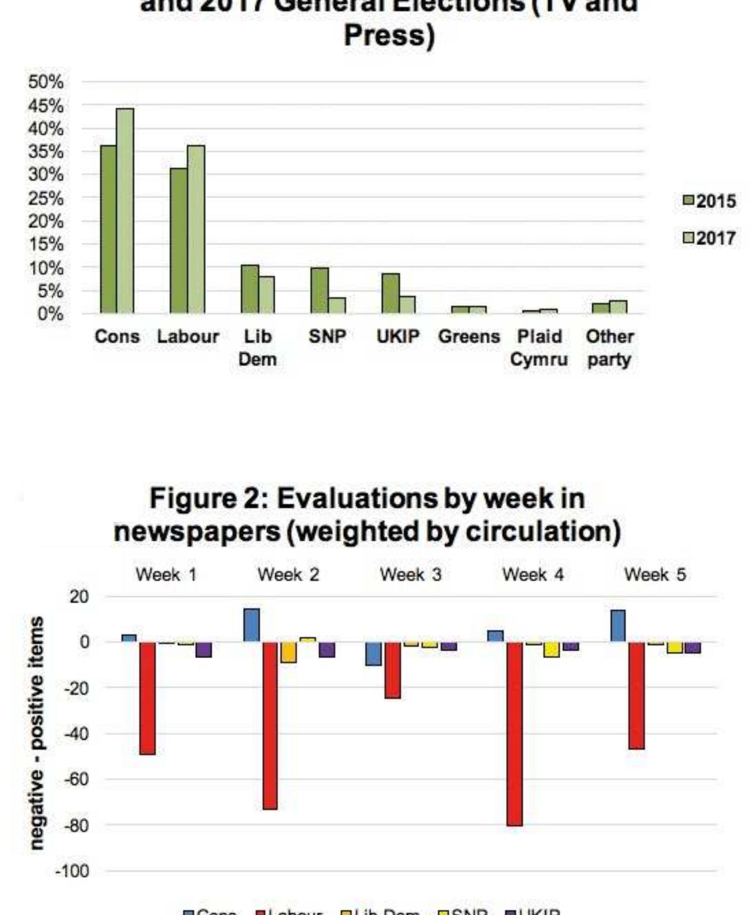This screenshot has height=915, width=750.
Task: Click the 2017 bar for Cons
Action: pyautogui.click(x=125, y=210)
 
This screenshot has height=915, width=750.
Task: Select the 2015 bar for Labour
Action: pyautogui.click(x=179, y=240)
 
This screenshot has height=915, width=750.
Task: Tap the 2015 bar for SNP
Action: pyautogui.click(x=320, y=290)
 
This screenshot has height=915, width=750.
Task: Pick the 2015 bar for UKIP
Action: pyautogui.click(x=390, y=293)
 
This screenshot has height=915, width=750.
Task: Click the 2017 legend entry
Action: pyautogui.click(x=710, y=238)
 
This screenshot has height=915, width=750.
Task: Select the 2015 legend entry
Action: pyautogui.click(x=710, y=201)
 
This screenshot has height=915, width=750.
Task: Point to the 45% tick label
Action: pyautogui.click(x=46, y=106)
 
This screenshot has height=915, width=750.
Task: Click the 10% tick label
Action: pyautogui.click(x=46, y=268)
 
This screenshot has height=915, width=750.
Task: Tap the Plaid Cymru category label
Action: pyautogui.click(x=539, y=348)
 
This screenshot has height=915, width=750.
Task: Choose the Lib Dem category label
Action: pyautogui.click(x=257, y=348)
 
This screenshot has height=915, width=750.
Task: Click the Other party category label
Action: pyautogui.click(x=609, y=348)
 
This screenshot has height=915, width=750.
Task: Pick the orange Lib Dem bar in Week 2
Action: pyautogui.click(x=289, y=652)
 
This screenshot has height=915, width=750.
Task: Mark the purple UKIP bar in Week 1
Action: pyautogui.click(x=203, y=650)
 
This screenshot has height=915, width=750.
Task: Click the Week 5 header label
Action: pyautogui.click(x=655, y=574)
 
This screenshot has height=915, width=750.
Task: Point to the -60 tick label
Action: pyautogui.click(x=76, y=779)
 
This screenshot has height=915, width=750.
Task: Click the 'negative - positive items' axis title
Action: pyautogui.click(x=36, y=733)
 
